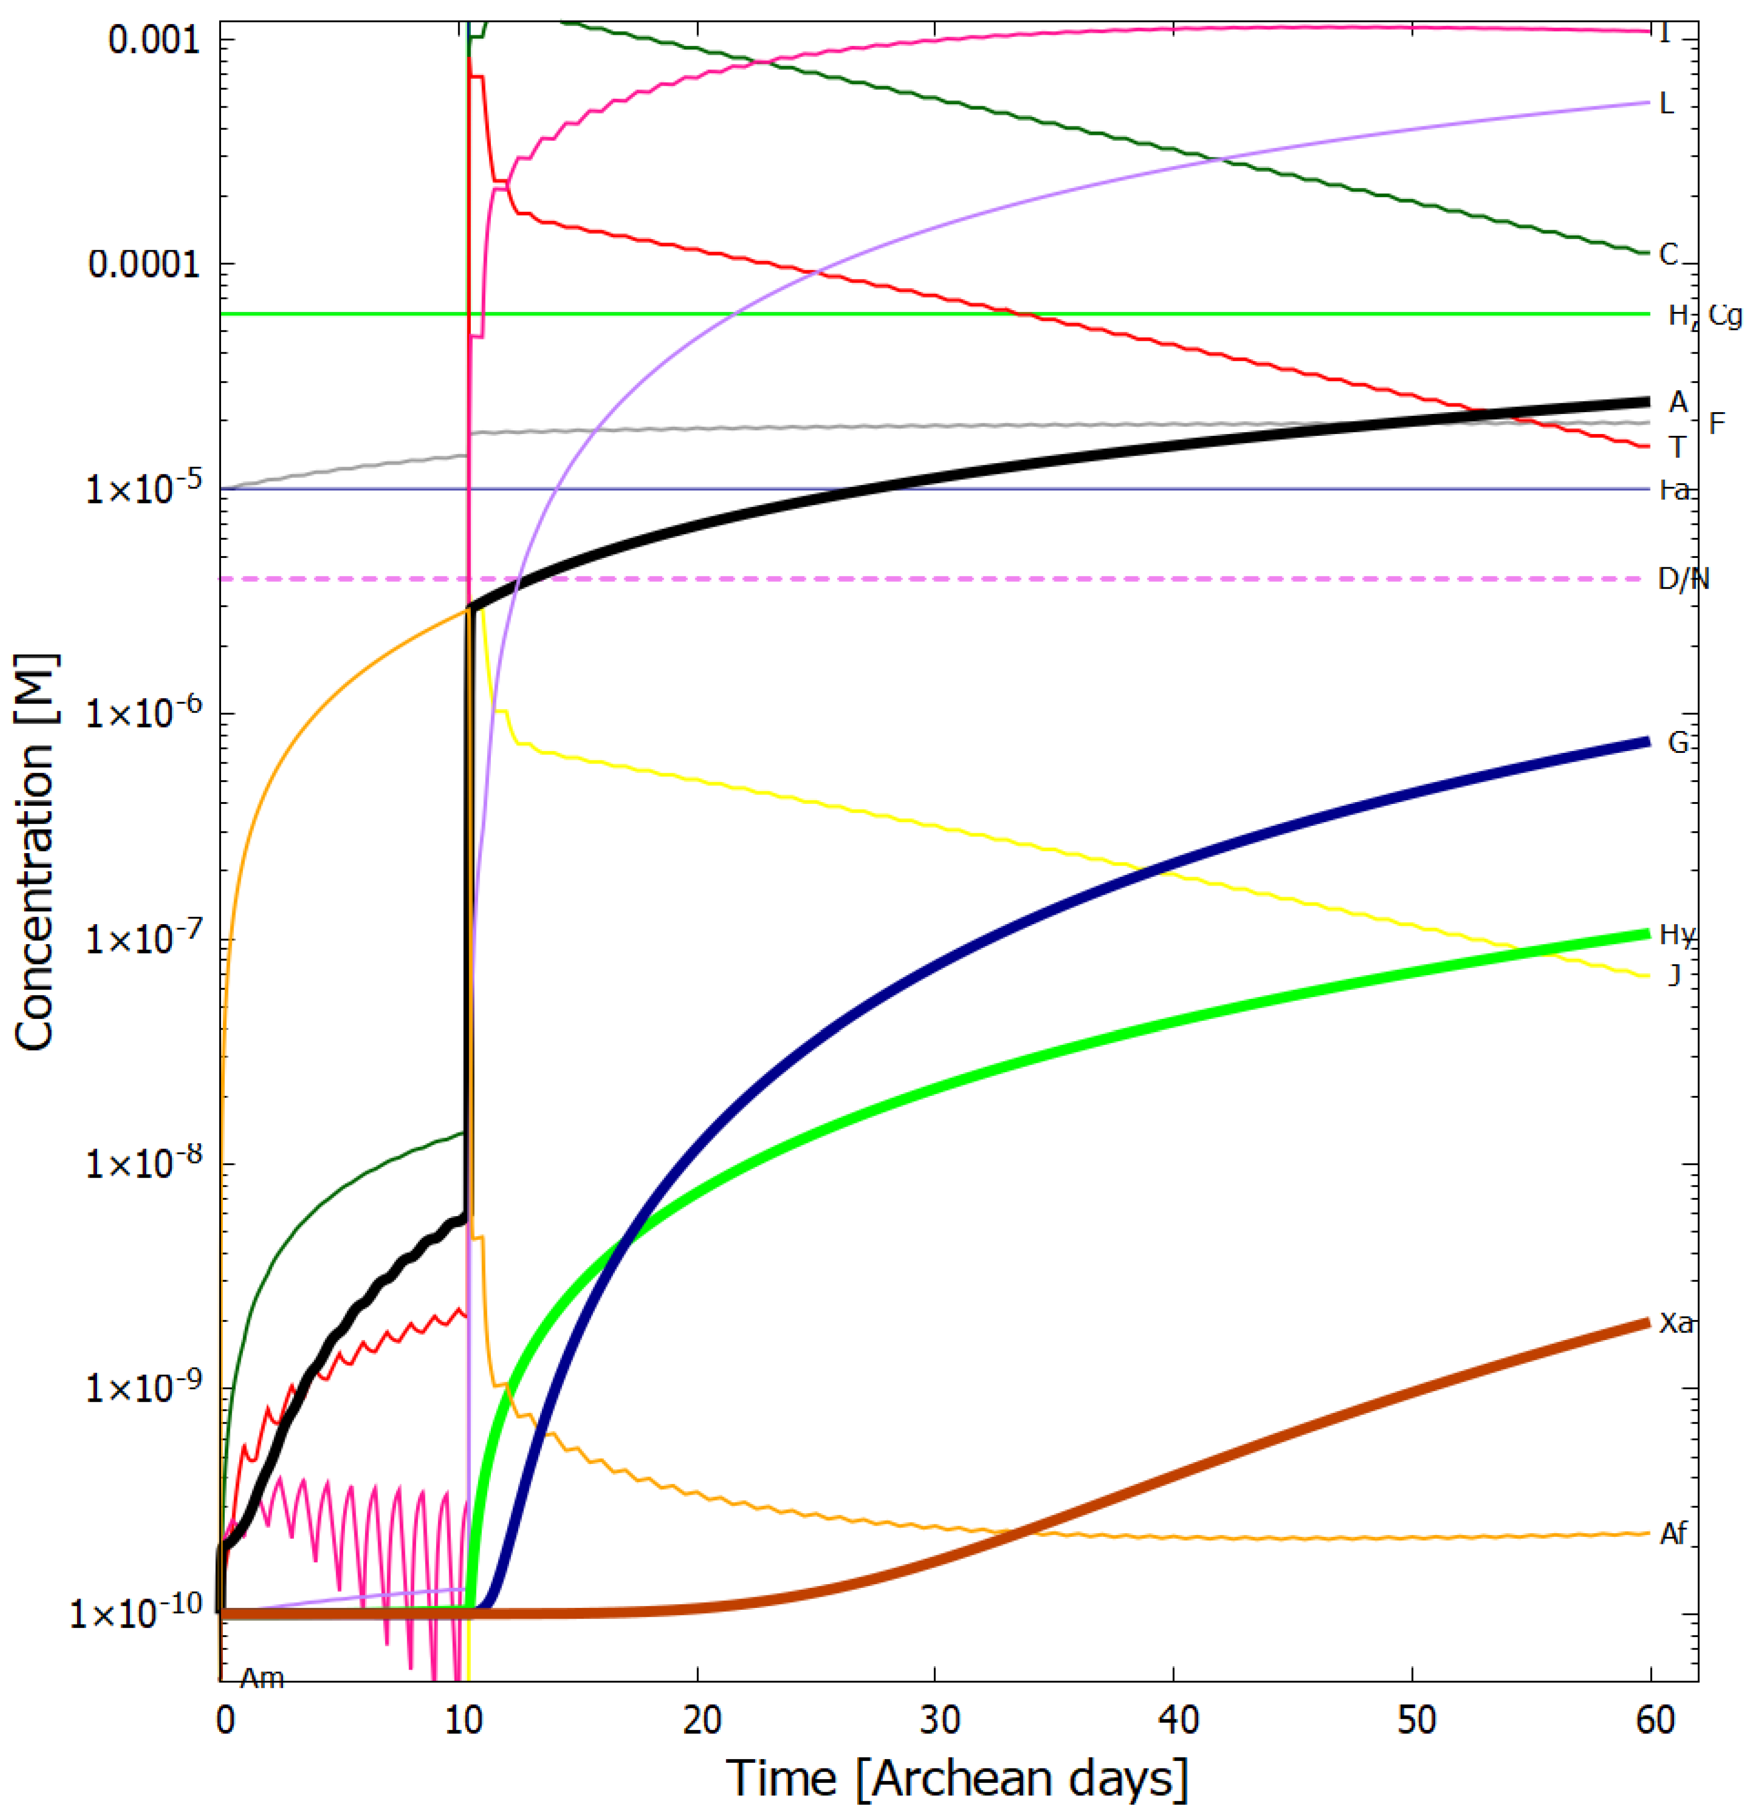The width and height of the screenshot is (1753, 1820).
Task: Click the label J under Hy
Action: coord(1674,975)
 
